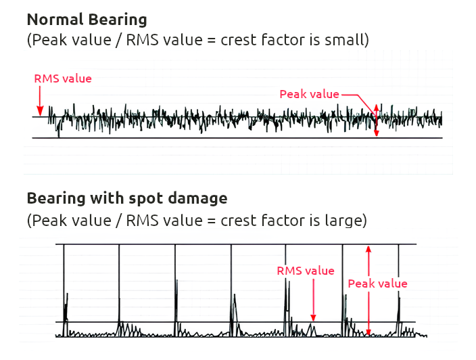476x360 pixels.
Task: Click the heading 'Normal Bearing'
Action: tap(87, 19)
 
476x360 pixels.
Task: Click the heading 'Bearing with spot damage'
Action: tap(126, 198)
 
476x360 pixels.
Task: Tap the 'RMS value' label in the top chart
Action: tap(63, 78)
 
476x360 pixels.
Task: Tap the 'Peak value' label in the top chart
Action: tap(309, 94)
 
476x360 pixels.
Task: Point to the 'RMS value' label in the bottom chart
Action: tap(306, 271)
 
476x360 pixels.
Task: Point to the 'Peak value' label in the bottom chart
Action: tap(377, 284)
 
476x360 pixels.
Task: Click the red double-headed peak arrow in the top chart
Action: tap(377, 120)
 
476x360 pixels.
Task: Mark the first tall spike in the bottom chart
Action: tap(64, 284)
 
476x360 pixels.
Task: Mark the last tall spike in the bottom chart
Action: tap(398, 284)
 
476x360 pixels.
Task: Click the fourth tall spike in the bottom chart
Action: tap(231, 284)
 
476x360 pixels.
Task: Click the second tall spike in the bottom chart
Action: tap(119, 284)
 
